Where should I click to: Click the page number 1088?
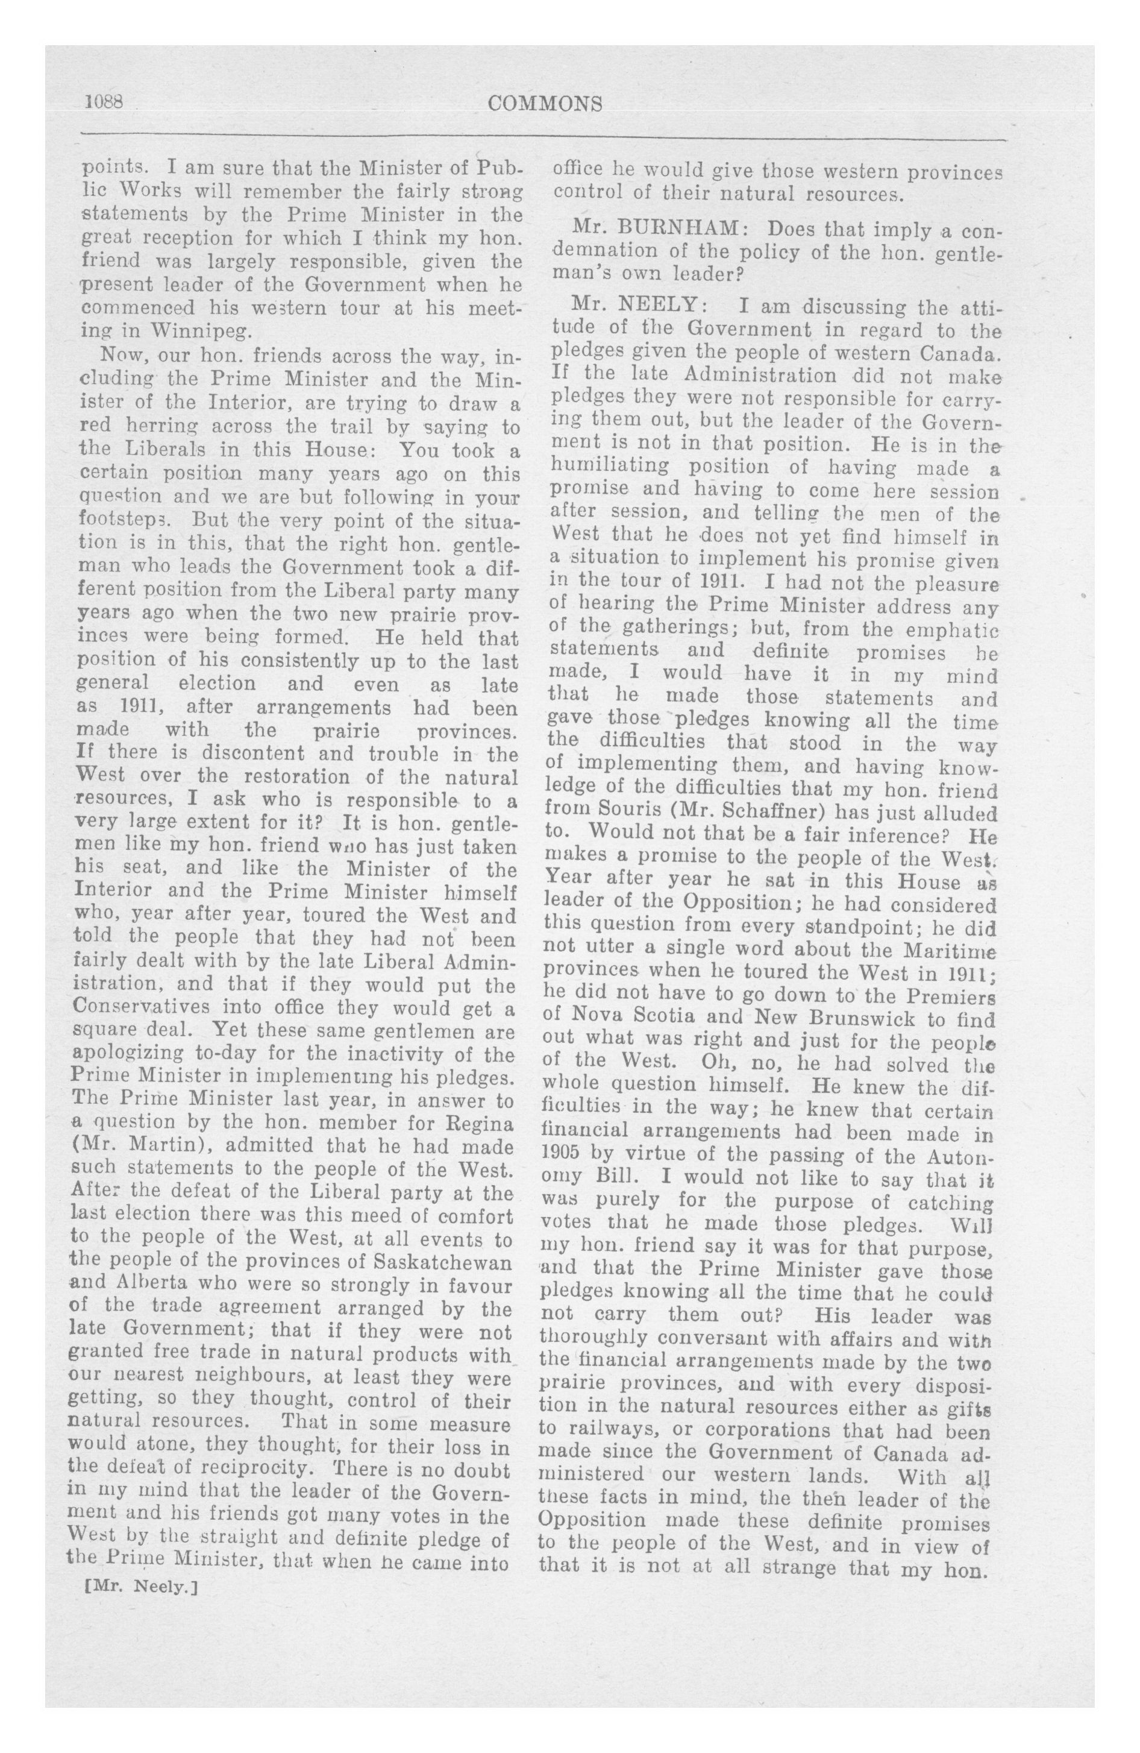[107, 102]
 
